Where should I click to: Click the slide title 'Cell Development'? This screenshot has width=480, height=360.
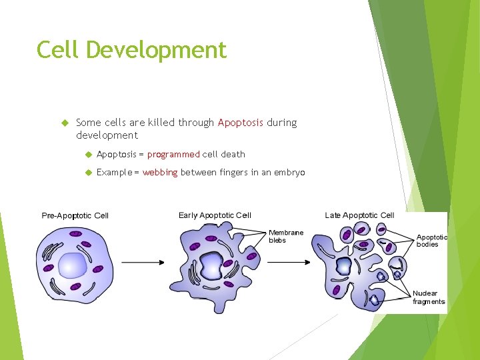(x=131, y=50)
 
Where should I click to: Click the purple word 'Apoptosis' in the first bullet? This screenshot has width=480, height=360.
(x=241, y=123)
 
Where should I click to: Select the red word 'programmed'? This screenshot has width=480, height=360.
(x=173, y=154)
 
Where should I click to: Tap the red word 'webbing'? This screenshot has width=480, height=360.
(x=160, y=173)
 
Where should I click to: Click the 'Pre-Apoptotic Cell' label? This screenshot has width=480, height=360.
(x=75, y=215)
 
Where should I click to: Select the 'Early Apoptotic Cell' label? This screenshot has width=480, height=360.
(x=215, y=215)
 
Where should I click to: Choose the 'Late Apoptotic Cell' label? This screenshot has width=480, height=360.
(x=359, y=215)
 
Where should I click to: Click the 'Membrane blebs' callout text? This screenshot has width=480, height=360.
(x=286, y=237)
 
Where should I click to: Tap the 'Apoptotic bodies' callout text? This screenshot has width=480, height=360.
(x=431, y=241)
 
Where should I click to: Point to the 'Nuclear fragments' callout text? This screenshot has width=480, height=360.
(x=428, y=297)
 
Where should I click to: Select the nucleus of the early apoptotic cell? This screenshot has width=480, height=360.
(x=212, y=266)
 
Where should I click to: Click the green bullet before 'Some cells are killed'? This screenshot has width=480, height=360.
(x=65, y=123)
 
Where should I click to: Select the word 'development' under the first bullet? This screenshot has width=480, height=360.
(x=107, y=135)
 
